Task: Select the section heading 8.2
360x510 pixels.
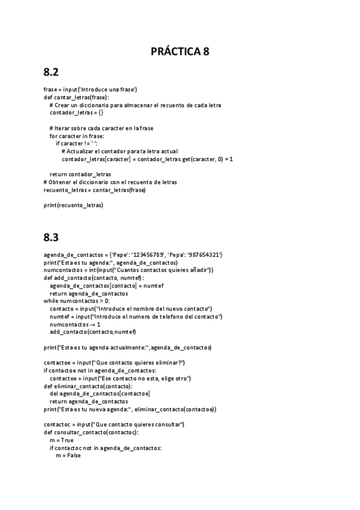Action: (51, 72)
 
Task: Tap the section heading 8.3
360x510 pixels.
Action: (51, 236)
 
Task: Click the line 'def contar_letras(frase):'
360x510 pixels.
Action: (76, 97)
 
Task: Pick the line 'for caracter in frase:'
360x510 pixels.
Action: (77, 136)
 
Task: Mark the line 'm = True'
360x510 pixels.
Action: (61, 440)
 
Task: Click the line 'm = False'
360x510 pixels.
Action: (68, 455)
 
